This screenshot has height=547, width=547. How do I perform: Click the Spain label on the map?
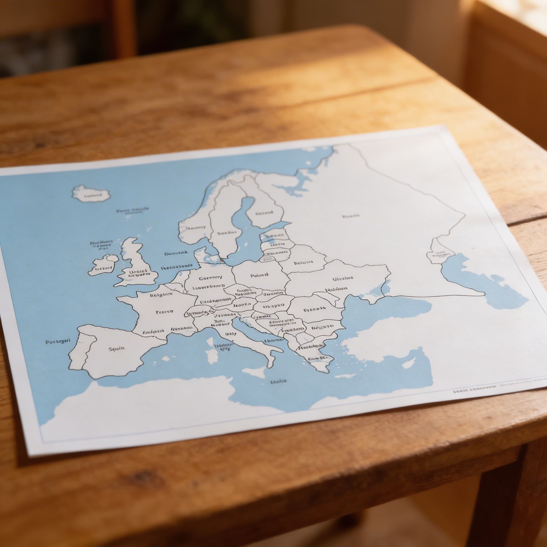(x=116, y=348)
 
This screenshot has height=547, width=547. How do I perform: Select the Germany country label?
(x=210, y=278)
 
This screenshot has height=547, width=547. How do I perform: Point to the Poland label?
(x=259, y=275)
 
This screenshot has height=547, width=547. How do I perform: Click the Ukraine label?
(x=343, y=278)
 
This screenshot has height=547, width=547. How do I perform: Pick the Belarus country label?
(x=303, y=263)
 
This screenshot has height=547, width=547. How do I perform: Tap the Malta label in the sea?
(x=278, y=382)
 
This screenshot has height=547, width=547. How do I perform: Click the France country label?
(x=164, y=312)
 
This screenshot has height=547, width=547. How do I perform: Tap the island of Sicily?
(x=254, y=372)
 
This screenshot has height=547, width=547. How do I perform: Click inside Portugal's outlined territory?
(x=76, y=354)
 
